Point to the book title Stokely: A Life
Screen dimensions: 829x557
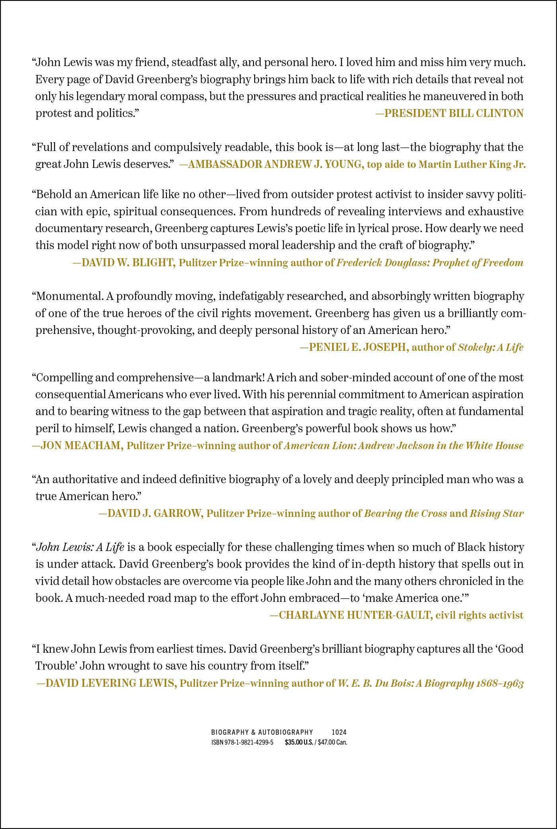pos(491,347)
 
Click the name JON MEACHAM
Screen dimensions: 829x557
pos(77,445)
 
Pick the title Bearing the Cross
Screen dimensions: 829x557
pos(405,513)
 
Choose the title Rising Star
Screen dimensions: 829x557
pos(497,513)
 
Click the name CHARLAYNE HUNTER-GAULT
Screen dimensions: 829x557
pos(351,615)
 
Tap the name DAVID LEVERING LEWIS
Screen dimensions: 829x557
pos(107,683)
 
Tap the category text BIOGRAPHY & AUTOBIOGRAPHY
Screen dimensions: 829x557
pos(262,732)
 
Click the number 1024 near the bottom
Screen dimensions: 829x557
pos(339,732)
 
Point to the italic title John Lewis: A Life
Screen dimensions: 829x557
pos(80,547)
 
